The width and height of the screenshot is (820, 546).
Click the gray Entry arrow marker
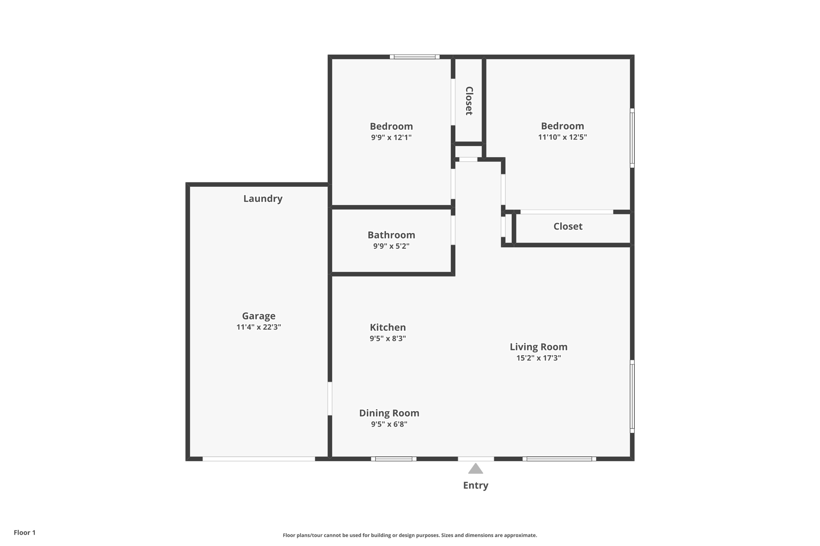click(x=475, y=468)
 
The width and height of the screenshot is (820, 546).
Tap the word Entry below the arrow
click(x=476, y=486)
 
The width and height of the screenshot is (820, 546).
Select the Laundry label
click(x=263, y=198)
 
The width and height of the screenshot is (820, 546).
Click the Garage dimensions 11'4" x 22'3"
click(x=259, y=327)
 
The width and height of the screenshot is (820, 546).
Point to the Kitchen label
click(x=388, y=327)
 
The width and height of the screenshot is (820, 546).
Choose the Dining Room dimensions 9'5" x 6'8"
click(x=389, y=424)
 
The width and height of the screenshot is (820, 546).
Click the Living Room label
click(x=539, y=347)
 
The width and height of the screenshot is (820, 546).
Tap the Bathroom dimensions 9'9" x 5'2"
click(x=391, y=246)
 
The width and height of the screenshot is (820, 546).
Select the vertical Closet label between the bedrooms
click(x=469, y=101)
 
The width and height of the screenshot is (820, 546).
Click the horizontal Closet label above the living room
click(x=568, y=226)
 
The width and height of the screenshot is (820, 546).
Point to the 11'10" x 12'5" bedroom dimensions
click(x=563, y=137)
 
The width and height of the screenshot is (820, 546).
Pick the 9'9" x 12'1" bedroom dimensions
click(x=391, y=137)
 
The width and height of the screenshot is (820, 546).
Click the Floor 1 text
click(x=24, y=532)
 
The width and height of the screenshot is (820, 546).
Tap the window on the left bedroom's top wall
click(x=415, y=57)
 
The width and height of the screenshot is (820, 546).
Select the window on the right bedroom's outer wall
click(x=632, y=138)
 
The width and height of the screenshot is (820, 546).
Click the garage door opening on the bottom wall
click(x=259, y=459)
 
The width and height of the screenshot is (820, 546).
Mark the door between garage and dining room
click(x=330, y=399)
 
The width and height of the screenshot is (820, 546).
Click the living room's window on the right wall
click(x=632, y=396)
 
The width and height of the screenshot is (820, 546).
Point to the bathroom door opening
click(x=453, y=230)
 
